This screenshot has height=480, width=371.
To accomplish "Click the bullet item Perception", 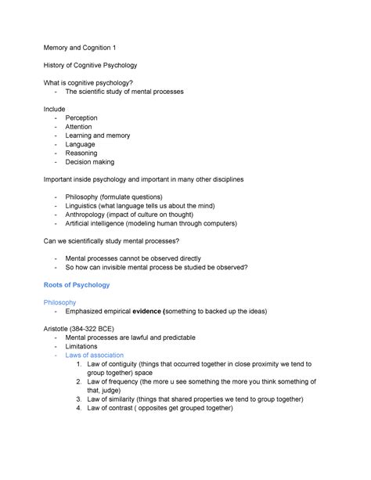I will coord(81,117).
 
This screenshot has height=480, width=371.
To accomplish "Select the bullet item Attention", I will coord(78,127).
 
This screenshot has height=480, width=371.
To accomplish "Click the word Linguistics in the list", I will coord(85,206).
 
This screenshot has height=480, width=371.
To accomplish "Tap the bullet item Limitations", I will coord(81,346).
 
